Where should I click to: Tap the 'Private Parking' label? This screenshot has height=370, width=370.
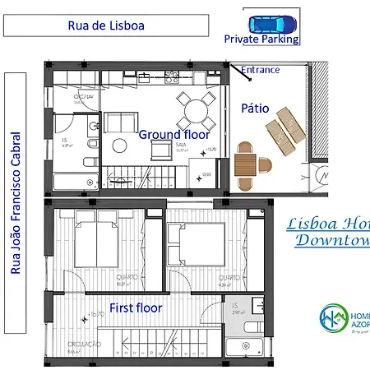tap(261, 39)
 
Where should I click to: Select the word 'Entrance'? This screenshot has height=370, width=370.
tap(261, 71)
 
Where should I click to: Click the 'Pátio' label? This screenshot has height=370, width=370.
tap(255, 108)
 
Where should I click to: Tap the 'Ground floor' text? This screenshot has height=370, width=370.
tap(174, 134)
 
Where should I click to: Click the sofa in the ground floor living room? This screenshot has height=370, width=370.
tap(120, 123)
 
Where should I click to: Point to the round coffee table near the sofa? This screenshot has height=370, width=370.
tap(120, 146)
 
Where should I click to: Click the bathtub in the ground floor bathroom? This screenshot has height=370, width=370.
tap(76, 181)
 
